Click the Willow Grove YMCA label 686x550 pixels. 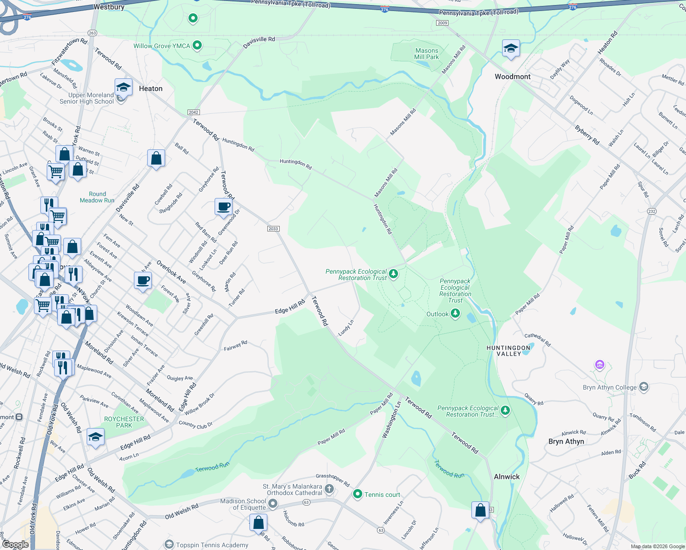pyautogui.click(x=162, y=46)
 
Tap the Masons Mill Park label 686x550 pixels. pyautogui.click(x=426, y=54)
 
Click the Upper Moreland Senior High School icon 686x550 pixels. pyautogui.click(x=123, y=87)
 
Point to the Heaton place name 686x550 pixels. pyautogui.click(x=150, y=88)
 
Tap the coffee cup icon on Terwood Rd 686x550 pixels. pyautogui.click(x=223, y=207)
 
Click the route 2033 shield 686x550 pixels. pyautogui.click(x=273, y=229)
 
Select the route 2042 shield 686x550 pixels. pyautogui.click(x=194, y=112)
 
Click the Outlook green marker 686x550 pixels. pyautogui.click(x=455, y=313)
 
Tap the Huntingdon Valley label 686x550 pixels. pyautogui.click(x=508, y=351)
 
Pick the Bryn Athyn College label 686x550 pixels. pyautogui.click(x=609, y=387)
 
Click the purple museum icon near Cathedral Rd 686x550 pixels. pyautogui.click(x=599, y=365)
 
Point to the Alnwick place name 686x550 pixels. pyautogui.click(x=507, y=477)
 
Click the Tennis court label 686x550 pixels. pyautogui.click(x=382, y=495)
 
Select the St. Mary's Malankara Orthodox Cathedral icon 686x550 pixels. pyautogui.click(x=329, y=489)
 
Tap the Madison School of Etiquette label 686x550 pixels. pyautogui.click(x=243, y=504)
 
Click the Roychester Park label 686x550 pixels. pyautogui.click(x=124, y=422)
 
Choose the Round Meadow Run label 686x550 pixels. pyautogui.click(x=97, y=197)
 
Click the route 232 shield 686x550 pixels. pyautogui.click(x=652, y=211)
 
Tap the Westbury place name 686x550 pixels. pyautogui.click(x=109, y=7)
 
